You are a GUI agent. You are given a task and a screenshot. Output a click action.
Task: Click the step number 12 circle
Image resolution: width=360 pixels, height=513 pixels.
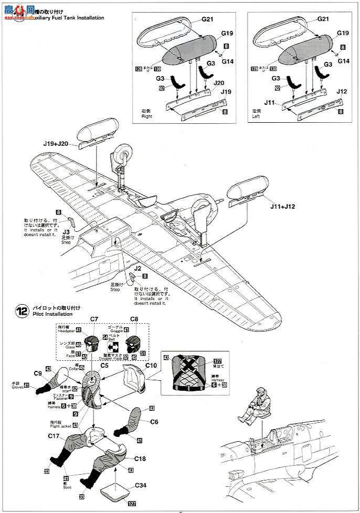coord(22,311)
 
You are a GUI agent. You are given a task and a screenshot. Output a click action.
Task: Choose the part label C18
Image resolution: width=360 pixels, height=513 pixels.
coord(139,458)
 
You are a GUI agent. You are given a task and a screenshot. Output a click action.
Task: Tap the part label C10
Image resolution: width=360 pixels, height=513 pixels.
coord(151,365)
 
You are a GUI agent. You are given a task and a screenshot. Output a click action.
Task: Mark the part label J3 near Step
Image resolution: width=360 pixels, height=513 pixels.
coord(66,231)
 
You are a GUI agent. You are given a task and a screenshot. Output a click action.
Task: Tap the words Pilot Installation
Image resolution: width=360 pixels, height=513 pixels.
coord(52,314)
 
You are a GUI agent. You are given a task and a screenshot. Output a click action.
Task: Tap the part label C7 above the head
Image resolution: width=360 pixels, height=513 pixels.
coord(94,319)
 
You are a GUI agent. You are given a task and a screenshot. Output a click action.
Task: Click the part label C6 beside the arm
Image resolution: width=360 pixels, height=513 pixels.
coord(154,422)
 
